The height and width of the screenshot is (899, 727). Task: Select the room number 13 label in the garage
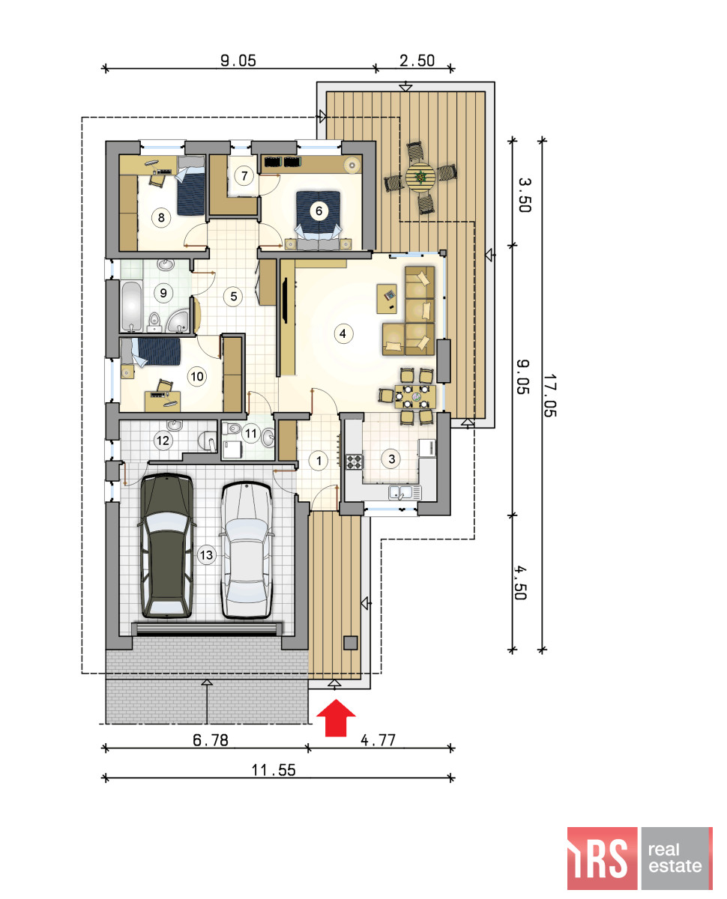[206, 554]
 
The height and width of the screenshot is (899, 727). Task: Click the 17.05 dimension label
[549, 395]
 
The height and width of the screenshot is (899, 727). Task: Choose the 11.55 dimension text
[273, 770]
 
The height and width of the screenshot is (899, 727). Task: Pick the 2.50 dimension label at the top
[417, 61]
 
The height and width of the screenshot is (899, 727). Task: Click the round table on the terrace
[420, 178]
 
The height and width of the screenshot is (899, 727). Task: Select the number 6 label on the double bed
[319, 211]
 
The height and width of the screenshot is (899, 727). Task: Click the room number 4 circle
[343, 334]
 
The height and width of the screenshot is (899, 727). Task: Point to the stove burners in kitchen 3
[355, 461]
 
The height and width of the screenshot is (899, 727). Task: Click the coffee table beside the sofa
[387, 299]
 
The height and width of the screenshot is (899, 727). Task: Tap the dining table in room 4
[415, 396]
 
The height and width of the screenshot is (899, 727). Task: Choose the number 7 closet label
[244, 175]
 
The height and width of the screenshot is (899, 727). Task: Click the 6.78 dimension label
[211, 740]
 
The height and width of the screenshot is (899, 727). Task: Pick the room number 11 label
[251, 433]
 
